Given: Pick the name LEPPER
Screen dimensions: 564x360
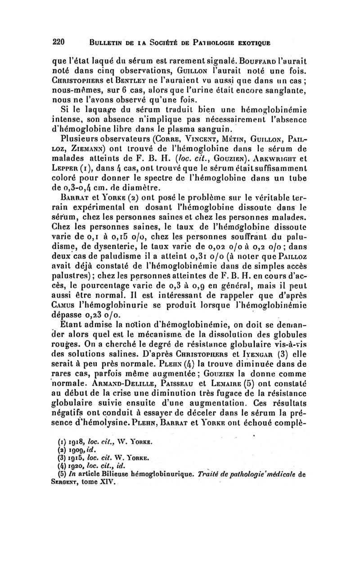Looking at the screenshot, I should coord(67,169).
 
